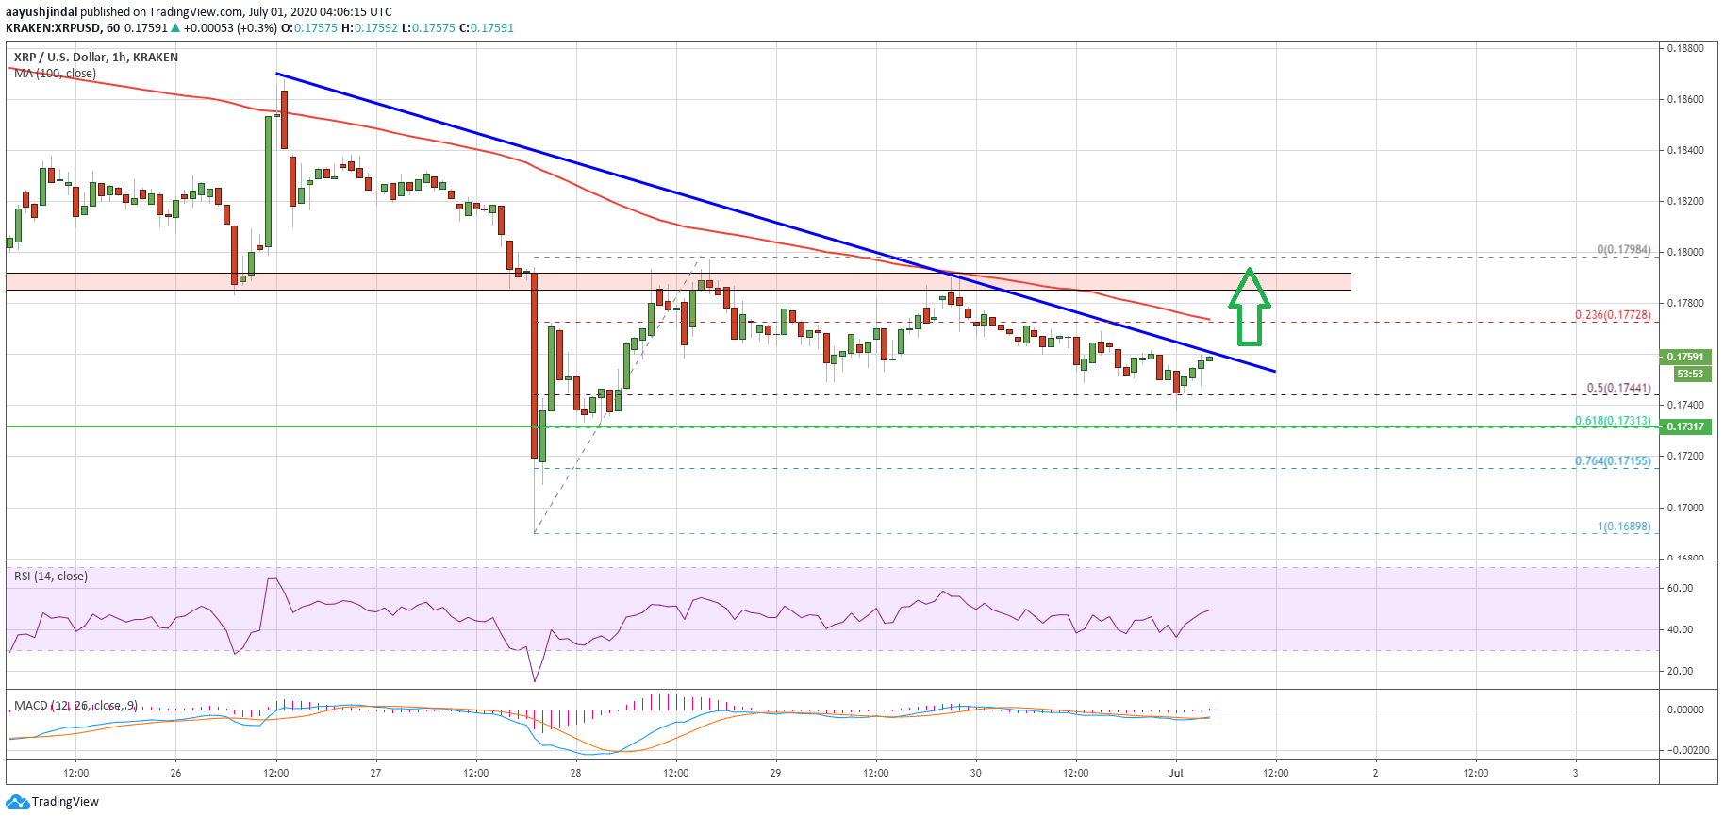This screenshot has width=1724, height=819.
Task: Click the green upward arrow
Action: (1249, 307)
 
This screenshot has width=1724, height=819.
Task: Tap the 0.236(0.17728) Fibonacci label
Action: (1613, 315)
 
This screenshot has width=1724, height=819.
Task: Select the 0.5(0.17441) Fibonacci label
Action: (1618, 388)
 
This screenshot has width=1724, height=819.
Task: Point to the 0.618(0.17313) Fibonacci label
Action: (1613, 421)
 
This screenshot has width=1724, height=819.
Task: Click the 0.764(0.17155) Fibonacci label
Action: (1613, 461)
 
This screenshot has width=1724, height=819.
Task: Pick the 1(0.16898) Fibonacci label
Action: (1624, 526)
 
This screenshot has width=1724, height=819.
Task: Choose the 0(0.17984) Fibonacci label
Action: (1624, 250)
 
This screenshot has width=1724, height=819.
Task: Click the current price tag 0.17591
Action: (1685, 357)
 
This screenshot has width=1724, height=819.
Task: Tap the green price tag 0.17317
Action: (1685, 426)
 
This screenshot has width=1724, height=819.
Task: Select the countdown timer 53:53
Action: (1689, 374)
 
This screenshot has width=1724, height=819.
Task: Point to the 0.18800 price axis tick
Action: (1685, 48)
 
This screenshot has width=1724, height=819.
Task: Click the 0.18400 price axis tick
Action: (1685, 150)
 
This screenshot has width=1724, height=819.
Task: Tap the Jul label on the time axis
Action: (1175, 773)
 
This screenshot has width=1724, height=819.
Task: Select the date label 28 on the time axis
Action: (575, 773)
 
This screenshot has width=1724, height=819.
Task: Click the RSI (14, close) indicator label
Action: (51, 577)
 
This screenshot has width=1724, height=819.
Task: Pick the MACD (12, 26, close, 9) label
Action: (75, 706)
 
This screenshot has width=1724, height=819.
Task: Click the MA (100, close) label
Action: (55, 74)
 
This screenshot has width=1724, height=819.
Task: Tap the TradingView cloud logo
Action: (17, 802)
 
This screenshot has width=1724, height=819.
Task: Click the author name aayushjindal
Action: (41, 12)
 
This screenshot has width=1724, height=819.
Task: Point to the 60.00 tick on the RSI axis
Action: (1680, 588)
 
